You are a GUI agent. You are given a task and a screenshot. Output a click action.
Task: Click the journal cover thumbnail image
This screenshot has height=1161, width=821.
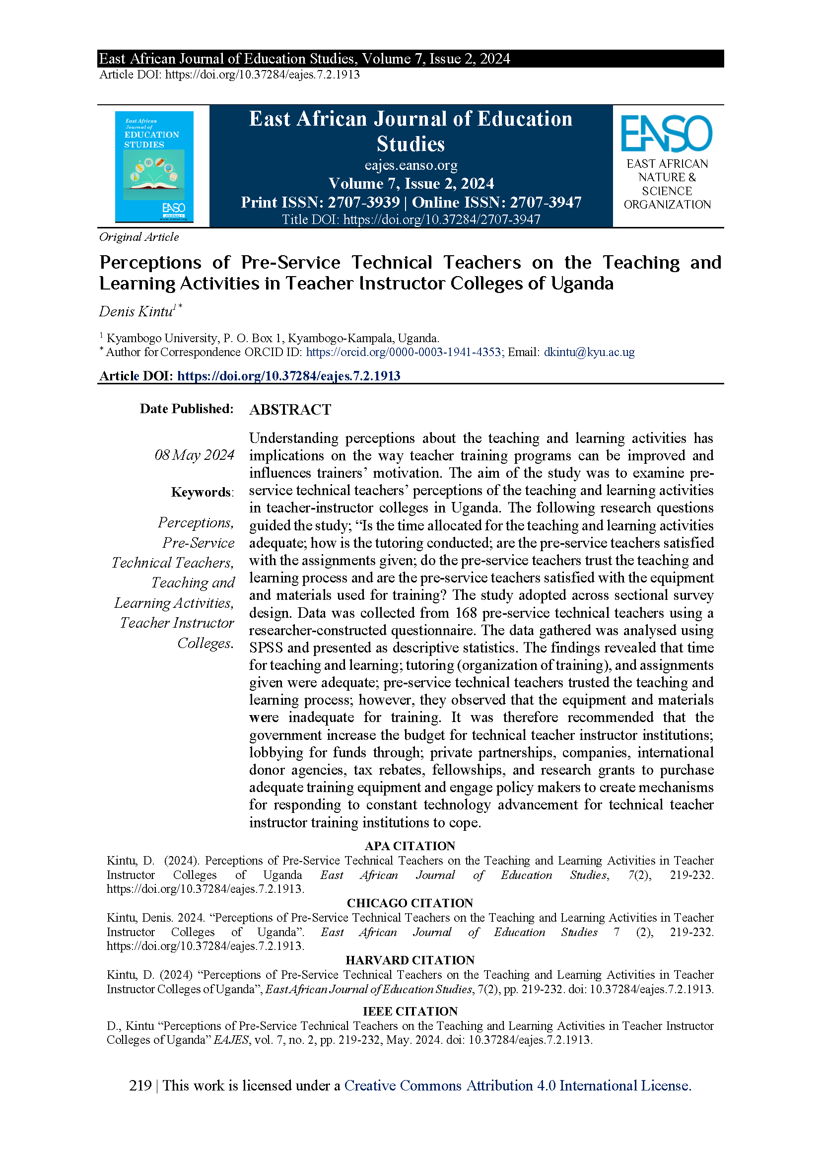pos(154,166)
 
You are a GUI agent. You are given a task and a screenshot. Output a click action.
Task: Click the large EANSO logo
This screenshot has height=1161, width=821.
pos(666,134)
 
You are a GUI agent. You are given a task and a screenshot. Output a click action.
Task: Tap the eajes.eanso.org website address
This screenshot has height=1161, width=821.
pos(410,165)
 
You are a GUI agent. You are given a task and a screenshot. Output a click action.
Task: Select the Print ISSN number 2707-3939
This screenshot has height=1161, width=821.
pos(363,202)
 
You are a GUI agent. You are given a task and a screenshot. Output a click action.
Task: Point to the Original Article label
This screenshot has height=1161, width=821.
pos(139,237)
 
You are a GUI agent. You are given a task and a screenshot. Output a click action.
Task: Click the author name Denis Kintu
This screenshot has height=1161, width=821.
pos(136,311)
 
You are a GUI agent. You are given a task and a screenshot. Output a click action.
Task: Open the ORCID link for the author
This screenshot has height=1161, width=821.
pos(404,352)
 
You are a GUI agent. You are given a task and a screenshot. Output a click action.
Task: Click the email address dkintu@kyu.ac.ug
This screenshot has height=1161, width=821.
pos(589,352)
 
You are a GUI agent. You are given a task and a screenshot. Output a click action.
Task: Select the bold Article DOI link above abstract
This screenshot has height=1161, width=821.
pos(289,376)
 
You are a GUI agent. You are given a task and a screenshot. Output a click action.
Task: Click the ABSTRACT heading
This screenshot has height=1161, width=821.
pos(290,410)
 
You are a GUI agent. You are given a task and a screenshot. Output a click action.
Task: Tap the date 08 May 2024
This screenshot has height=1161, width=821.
pos(195,455)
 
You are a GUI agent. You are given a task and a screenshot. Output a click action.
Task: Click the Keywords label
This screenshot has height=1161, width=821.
pos(202,492)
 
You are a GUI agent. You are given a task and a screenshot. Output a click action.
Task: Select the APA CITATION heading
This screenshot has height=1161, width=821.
pos(410,846)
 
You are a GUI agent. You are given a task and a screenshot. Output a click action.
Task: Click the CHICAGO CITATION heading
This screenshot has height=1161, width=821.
pos(410,903)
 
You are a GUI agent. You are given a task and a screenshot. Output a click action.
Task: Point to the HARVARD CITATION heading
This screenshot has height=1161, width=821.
pos(410,960)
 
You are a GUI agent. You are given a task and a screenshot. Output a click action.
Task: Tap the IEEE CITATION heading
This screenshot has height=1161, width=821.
pos(410,1012)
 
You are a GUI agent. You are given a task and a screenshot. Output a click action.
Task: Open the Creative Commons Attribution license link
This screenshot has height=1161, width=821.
pos(518,1086)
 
